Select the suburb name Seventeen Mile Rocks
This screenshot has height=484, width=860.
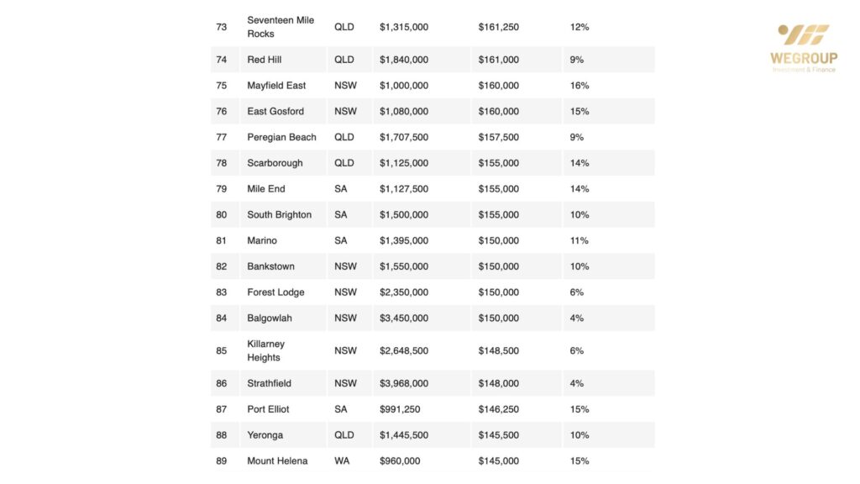(x=281, y=27)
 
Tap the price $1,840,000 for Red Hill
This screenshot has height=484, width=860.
(x=404, y=60)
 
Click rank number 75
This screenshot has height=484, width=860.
(x=222, y=86)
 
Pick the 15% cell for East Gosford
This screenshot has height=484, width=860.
(x=579, y=112)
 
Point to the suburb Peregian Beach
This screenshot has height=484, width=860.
(x=281, y=137)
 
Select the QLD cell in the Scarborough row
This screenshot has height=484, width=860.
(x=344, y=163)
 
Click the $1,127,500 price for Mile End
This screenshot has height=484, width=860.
(x=404, y=189)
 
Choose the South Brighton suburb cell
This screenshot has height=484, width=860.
(x=279, y=215)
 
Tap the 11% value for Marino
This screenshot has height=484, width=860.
(x=579, y=241)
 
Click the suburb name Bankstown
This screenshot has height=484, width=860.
(x=270, y=266)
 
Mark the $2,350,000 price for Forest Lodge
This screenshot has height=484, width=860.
(x=404, y=292)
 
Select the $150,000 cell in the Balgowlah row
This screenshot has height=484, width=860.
(x=499, y=318)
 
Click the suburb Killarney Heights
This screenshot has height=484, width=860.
(x=266, y=350)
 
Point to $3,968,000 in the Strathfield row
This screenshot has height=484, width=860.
(x=404, y=383)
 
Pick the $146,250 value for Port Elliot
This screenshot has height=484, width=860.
(x=499, y=409)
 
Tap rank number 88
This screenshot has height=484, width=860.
(x=222, y=435)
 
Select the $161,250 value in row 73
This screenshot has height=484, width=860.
(x=499, y=27)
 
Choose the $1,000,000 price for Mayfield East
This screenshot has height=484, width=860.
(x=404, y=86)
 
